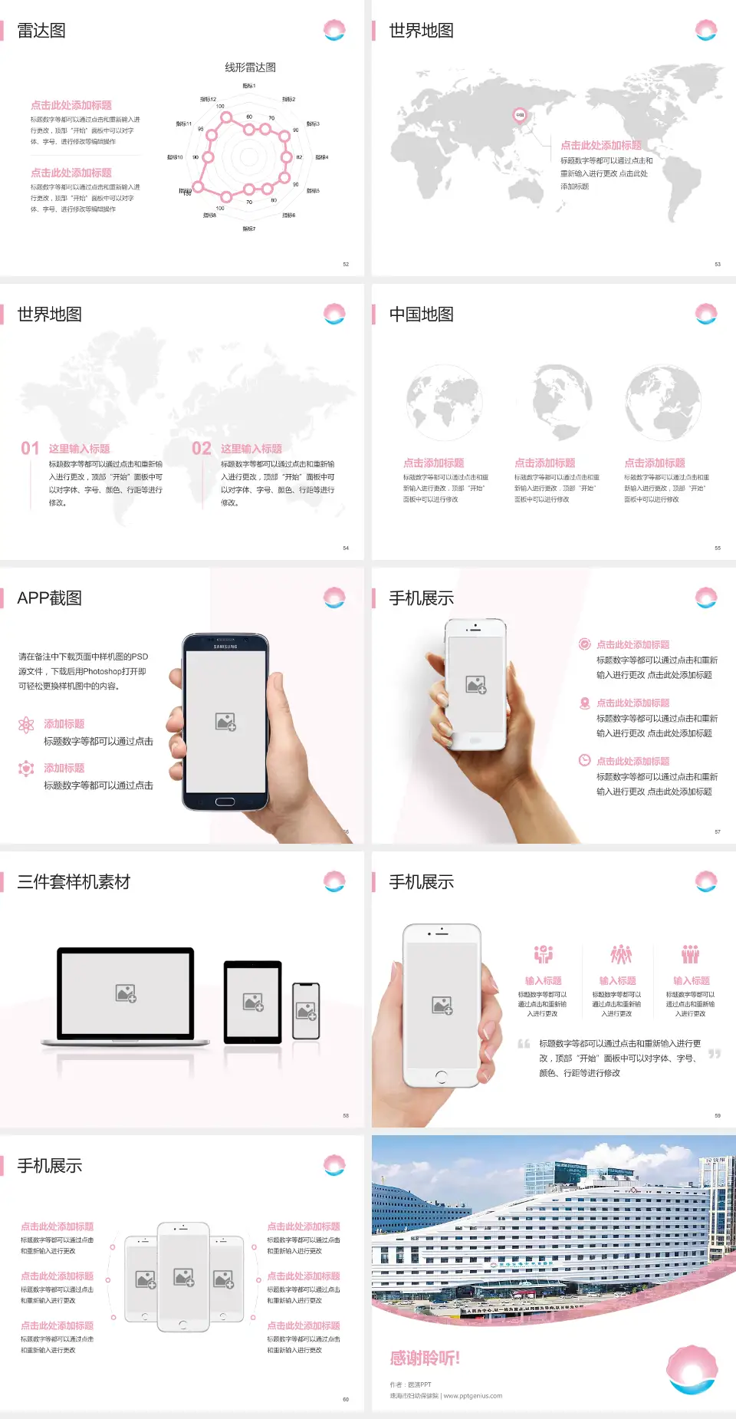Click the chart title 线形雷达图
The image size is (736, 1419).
[250, 67]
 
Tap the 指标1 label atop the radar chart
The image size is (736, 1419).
[249, 86]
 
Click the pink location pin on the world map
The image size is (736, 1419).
[520, 115]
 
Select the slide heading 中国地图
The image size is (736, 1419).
[421, 314]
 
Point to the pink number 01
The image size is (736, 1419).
[30, 448]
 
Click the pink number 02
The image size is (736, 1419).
[202, 448]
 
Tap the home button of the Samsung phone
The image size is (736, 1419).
[225, 802]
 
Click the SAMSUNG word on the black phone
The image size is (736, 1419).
[225, 647]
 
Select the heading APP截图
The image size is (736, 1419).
[50, 598]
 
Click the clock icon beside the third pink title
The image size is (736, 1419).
[584, 760]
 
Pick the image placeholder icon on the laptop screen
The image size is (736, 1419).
[126, 993]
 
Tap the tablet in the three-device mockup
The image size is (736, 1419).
[253, 1001]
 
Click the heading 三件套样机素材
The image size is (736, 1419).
[74, 882]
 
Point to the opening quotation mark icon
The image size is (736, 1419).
[524, 1044]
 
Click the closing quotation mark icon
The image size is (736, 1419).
[715, 1054]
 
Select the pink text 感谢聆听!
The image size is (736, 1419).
[425, 1358]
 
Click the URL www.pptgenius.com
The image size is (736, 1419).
[473, 1396]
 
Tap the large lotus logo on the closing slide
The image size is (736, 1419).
[692, 1368]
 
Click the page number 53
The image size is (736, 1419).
[718, 264]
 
